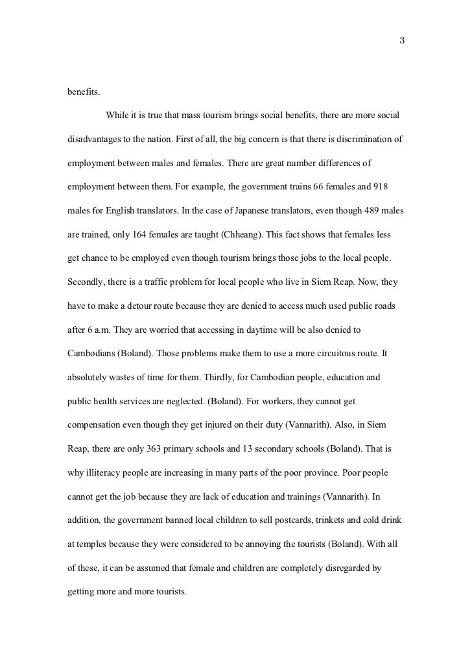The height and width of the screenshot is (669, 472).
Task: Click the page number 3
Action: (x=402, y=42)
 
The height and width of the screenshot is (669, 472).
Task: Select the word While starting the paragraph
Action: (x=117, y=116)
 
